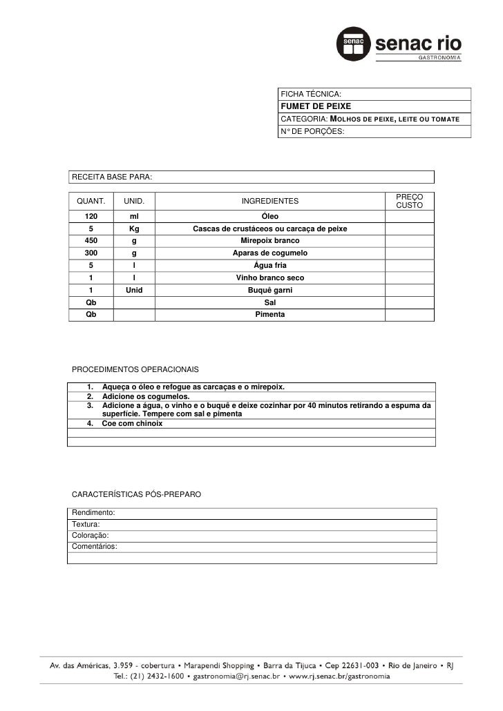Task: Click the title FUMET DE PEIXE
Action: click(315, 106)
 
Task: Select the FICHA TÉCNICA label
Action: click(311, 94)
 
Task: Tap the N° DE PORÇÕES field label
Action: click(310, 130)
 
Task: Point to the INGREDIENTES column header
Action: click(269, 202)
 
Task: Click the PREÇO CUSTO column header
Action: click(410, 202)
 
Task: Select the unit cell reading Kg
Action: click(134, 228)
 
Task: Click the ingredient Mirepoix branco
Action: click(269, 241)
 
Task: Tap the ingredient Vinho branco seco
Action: click(269, 277)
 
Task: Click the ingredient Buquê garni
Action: click(269, 290)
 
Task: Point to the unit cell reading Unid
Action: click(134, 290)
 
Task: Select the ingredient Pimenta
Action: click(269, 314)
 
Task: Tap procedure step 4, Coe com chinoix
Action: click(133, 423)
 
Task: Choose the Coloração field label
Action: click(91, 535)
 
